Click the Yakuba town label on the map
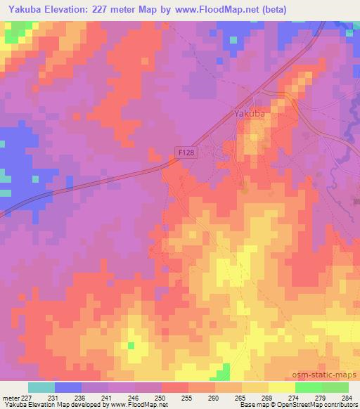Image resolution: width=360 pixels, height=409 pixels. pyautogui.click(x=252, y=111)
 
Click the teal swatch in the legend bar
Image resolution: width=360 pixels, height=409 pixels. pyautogui.click(x=41, y=387)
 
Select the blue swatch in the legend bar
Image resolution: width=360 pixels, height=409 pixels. pyautogui.click(x=68, y=387)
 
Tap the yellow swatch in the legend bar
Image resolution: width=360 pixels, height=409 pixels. pyautogui.click(x=281, y=387)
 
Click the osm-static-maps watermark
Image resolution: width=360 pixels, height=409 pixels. pyautogui.click(x=326, y=373)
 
